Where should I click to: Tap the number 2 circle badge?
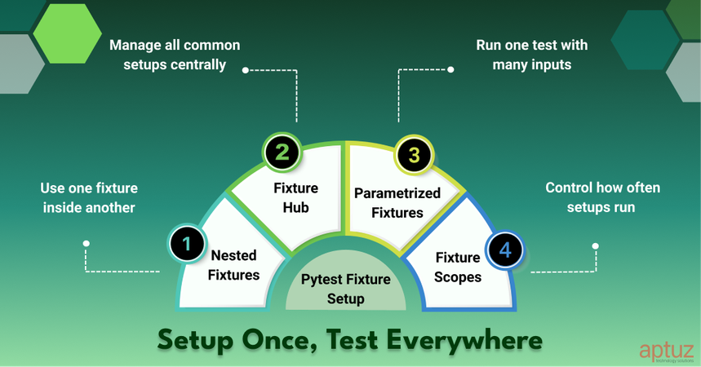point(282,152)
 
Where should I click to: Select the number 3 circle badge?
point(414,156)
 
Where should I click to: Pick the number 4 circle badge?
point(505,250)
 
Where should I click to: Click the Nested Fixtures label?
point(233,265)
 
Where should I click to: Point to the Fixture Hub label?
point(296,198)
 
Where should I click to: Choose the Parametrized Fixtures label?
point(397,203)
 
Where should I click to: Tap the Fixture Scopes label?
point(458,267)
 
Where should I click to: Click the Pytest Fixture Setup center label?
point(346,290)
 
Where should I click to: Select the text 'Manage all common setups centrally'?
point(175,54)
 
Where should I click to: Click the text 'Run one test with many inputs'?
point(531,54)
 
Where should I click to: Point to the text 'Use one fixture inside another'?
point(87,197)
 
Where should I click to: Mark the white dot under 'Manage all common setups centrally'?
point(246,70)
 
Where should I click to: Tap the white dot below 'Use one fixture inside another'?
point(87,243)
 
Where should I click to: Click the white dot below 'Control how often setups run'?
point(596,245)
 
